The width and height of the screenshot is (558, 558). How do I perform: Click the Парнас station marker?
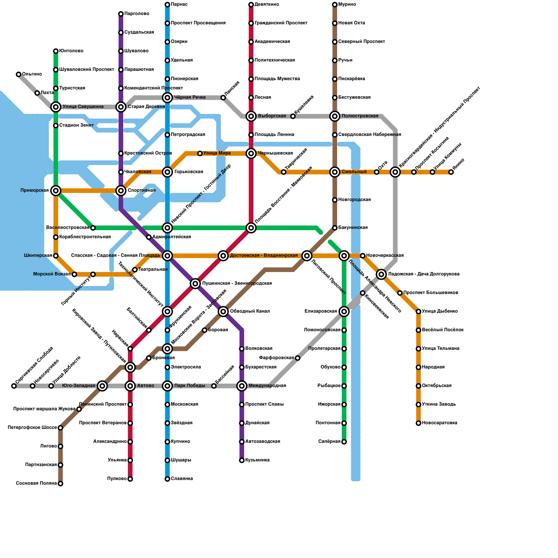click(167, 5)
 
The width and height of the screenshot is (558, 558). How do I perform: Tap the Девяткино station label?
click(267, 5)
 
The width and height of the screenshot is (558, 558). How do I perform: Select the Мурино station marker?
click(335, 5)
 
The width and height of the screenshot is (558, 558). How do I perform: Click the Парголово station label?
click(137, 14)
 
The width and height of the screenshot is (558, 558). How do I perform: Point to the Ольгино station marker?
click(18, 74)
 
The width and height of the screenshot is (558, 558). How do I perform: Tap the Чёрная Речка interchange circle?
click(167, 98)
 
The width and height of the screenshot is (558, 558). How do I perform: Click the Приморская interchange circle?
click(56, 190)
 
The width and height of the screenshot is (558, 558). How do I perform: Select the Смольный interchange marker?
click(335, 172)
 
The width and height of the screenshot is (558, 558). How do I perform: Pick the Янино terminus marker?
click(451, 172)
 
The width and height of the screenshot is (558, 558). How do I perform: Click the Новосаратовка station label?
click(439, 423)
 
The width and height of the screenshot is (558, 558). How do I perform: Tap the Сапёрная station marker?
click(344, 442)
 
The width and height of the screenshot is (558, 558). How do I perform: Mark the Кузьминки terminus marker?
click(242, 460)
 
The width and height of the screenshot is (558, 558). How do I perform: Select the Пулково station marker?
click(130, 479)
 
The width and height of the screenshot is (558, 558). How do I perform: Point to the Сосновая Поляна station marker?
click(60, 484)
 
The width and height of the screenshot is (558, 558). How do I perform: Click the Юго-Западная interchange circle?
click(102, 386)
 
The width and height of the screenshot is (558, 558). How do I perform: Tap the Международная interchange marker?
click(242, 386)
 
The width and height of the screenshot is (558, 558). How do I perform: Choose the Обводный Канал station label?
click(250, 311)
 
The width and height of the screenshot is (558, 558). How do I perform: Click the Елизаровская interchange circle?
click(344, 311)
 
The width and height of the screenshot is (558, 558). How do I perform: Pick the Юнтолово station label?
click(71, 51)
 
